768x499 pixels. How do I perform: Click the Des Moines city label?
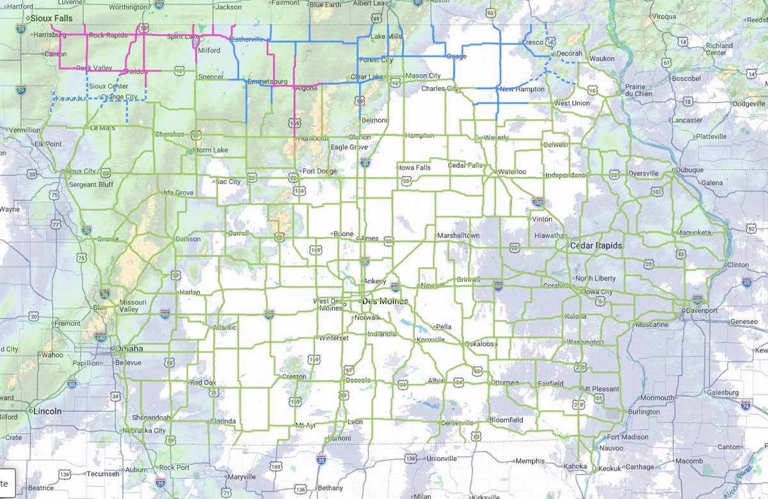(x=385, y=300)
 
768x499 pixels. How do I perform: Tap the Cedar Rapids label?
(x=591, y=246)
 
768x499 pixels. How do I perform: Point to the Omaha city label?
(x=129, y=349)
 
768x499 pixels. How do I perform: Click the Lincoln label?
(x=48, y=411)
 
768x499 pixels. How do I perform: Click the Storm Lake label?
(x=211, y=151)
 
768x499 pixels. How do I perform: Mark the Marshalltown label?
(x=458, y=236)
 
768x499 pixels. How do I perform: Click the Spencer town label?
(x=211, y=77)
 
